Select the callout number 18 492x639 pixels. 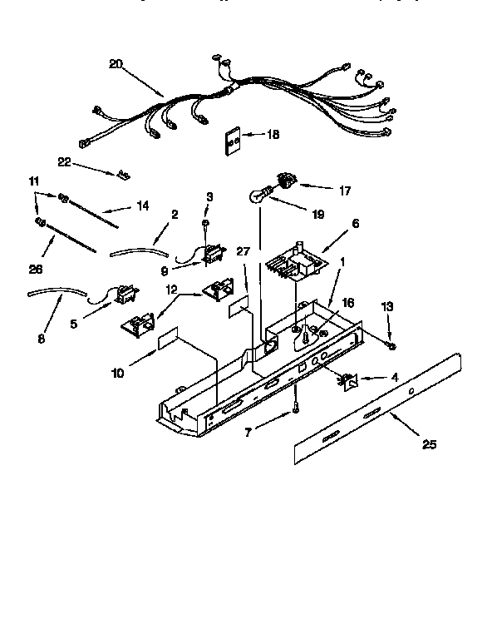coord(273,134)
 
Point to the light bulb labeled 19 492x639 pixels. coord(259,196)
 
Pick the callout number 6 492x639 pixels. coord(356,224)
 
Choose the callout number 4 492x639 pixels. coord(394,377)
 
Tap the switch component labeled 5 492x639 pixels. coord(125,295)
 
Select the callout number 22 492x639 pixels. coord(63,162)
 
